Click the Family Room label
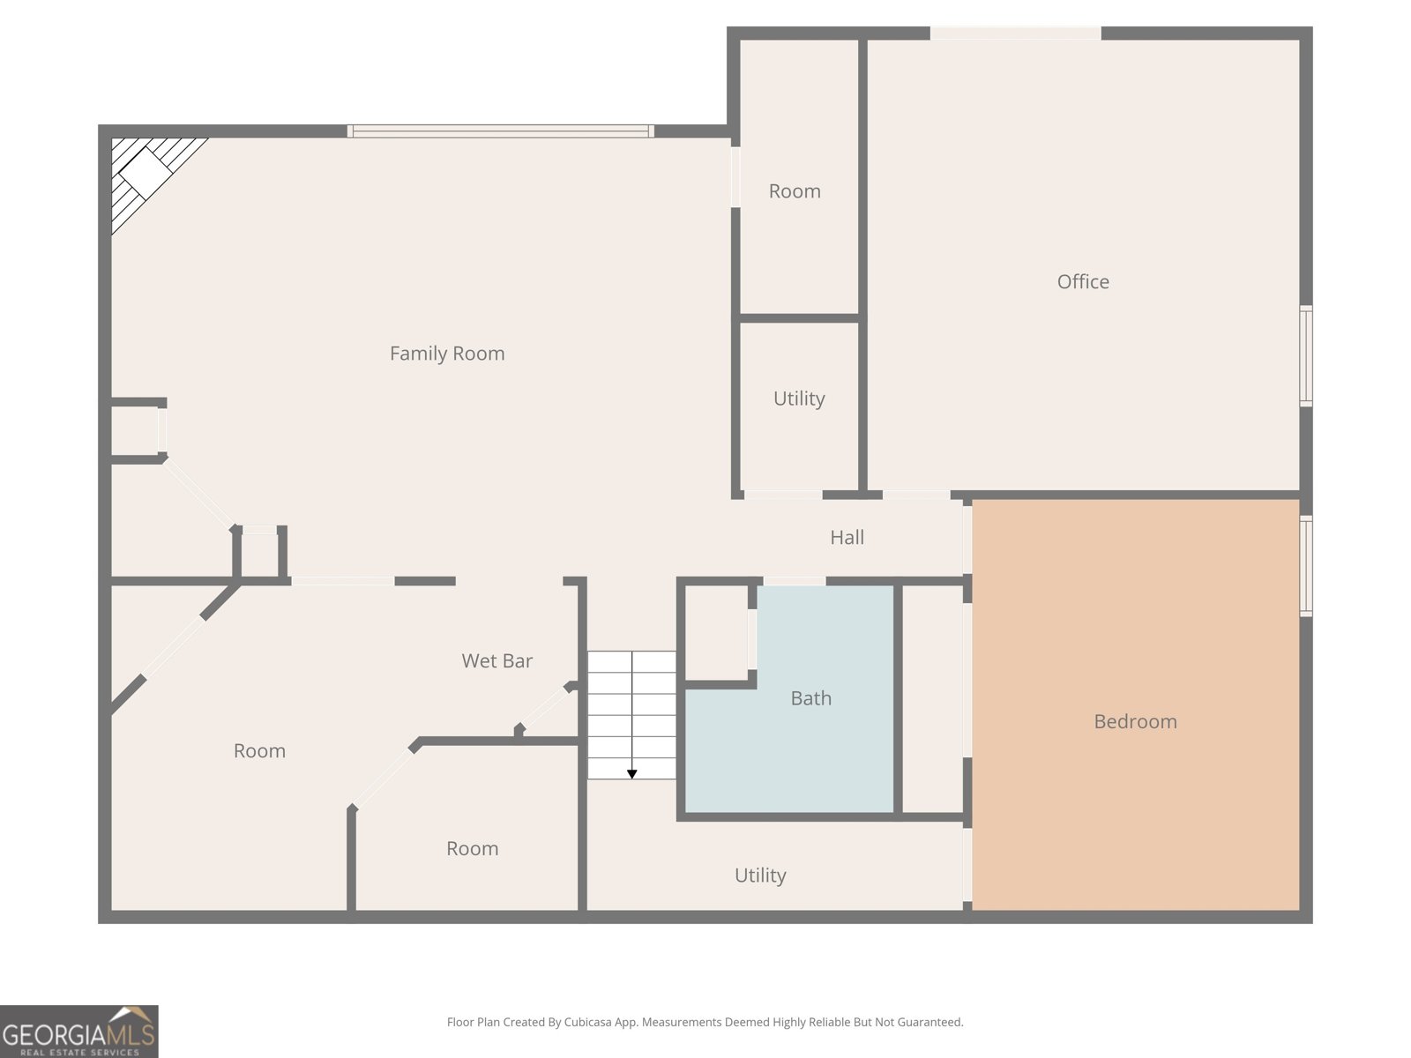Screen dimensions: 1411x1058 447,354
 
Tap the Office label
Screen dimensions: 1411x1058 1083,281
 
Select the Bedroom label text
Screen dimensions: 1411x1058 1135,721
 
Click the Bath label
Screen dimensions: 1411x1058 810,698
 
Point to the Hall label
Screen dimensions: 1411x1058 847,537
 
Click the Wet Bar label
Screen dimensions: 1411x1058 496,660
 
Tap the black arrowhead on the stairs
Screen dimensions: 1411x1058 632,774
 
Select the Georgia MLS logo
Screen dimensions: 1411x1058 79,1031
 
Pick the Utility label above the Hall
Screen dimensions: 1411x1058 798,399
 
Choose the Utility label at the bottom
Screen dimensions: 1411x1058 760,875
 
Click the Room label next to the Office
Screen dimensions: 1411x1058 795,190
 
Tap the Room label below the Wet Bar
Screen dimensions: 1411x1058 472,848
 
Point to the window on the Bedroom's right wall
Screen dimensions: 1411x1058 1305,566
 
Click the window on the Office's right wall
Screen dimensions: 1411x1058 1305,356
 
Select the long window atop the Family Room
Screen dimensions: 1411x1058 501,131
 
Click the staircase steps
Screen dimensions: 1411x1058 632,715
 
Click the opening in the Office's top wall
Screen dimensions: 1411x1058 1015,34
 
